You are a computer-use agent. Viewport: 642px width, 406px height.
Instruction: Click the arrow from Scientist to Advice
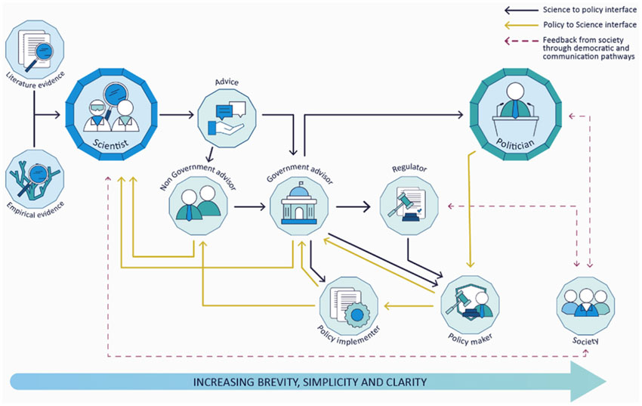(x=175, y=116)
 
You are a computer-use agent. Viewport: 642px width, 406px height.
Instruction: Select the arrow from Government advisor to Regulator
(x=352, y=205)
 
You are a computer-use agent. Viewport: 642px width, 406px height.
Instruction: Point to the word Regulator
(x=409, y=169)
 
